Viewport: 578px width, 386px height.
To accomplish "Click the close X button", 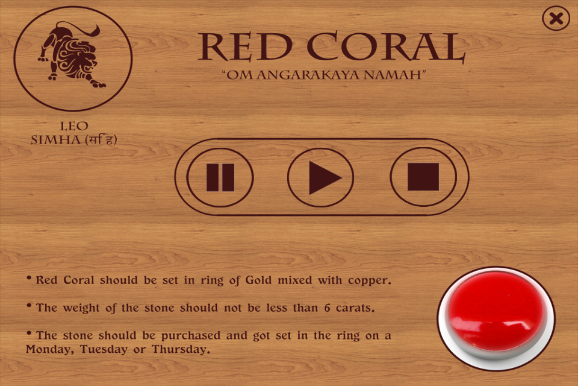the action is tap(556, 18).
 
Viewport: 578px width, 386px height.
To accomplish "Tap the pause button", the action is tap(220, 177).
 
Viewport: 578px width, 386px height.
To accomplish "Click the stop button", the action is tap(423, 177).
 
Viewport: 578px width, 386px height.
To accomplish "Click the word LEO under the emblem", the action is tap(74, 126).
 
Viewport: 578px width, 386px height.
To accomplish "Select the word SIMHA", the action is tap(55, 140).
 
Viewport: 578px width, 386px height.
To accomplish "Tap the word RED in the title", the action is tap(245, 47).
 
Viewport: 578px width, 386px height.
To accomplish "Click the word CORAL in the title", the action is tap(386, 46).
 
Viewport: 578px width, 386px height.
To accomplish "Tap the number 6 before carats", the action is tap(328, 308).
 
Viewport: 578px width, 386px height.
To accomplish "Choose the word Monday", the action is tap(50, 349).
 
